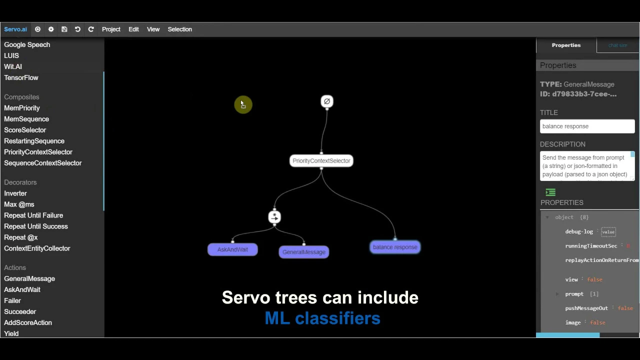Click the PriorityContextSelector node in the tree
coord(321,161)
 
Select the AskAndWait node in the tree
coord(232,249)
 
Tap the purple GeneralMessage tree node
coord(303,252)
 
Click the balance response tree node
coord(394,247)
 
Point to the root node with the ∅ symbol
coord(326,101)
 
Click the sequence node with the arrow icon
coord(274,217)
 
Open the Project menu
coord(111,29)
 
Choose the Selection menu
coord(179,29)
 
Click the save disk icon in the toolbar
coord(64,29)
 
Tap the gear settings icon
coord(51,29)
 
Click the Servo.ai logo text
coord(15,29)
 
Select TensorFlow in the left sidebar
coord(21,78)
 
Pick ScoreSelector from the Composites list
coord(25,130)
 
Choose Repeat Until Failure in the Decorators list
coord(33,215)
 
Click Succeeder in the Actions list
coord(20,311)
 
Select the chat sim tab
coord(617,45)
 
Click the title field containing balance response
coord(587,126)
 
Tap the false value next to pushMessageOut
coord(625,308)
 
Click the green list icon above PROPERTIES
coord(550,192)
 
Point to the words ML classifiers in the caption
coord(322,318)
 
